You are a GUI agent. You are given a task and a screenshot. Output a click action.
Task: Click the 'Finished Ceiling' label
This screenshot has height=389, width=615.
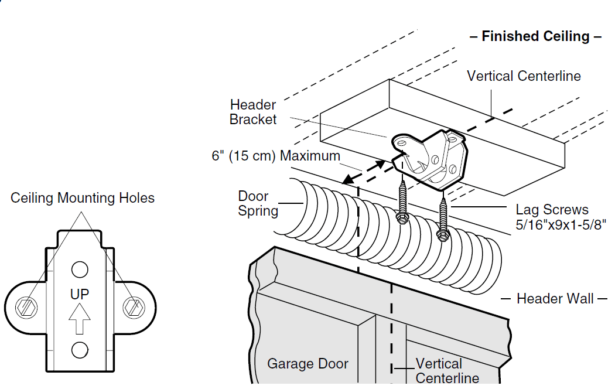[535, 36]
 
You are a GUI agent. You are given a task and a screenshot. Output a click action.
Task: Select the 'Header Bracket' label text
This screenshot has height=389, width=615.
[253, 112]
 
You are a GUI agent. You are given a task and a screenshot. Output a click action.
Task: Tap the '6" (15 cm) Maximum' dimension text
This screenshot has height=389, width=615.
[276, 156]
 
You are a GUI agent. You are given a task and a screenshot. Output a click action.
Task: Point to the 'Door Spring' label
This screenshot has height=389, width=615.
[258, 203]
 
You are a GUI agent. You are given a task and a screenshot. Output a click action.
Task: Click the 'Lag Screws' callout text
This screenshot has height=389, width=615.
[552, 209]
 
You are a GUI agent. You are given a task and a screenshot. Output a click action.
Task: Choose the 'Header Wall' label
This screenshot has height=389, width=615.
[555, 299]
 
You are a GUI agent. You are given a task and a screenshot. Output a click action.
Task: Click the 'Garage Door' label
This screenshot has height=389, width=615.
[307, 364]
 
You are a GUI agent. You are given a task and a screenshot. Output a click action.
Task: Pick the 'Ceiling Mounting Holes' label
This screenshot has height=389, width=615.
[83, 198]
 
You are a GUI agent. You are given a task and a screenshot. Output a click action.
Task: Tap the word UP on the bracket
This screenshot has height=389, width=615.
[80, 294]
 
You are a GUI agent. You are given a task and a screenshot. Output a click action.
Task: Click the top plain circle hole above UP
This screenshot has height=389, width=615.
[80, 269]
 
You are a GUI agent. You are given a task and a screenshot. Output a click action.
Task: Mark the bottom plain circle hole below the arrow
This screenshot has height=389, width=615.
[80, 350]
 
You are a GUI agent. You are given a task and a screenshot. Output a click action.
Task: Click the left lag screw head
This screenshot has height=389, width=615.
[402, 217]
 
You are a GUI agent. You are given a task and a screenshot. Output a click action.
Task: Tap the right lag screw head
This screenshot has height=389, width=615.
[443, 235]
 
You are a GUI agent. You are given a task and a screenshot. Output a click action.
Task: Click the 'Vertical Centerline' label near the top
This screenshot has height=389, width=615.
[524, 76]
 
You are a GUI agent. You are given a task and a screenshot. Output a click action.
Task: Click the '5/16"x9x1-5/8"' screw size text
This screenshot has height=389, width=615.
[561, 224]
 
